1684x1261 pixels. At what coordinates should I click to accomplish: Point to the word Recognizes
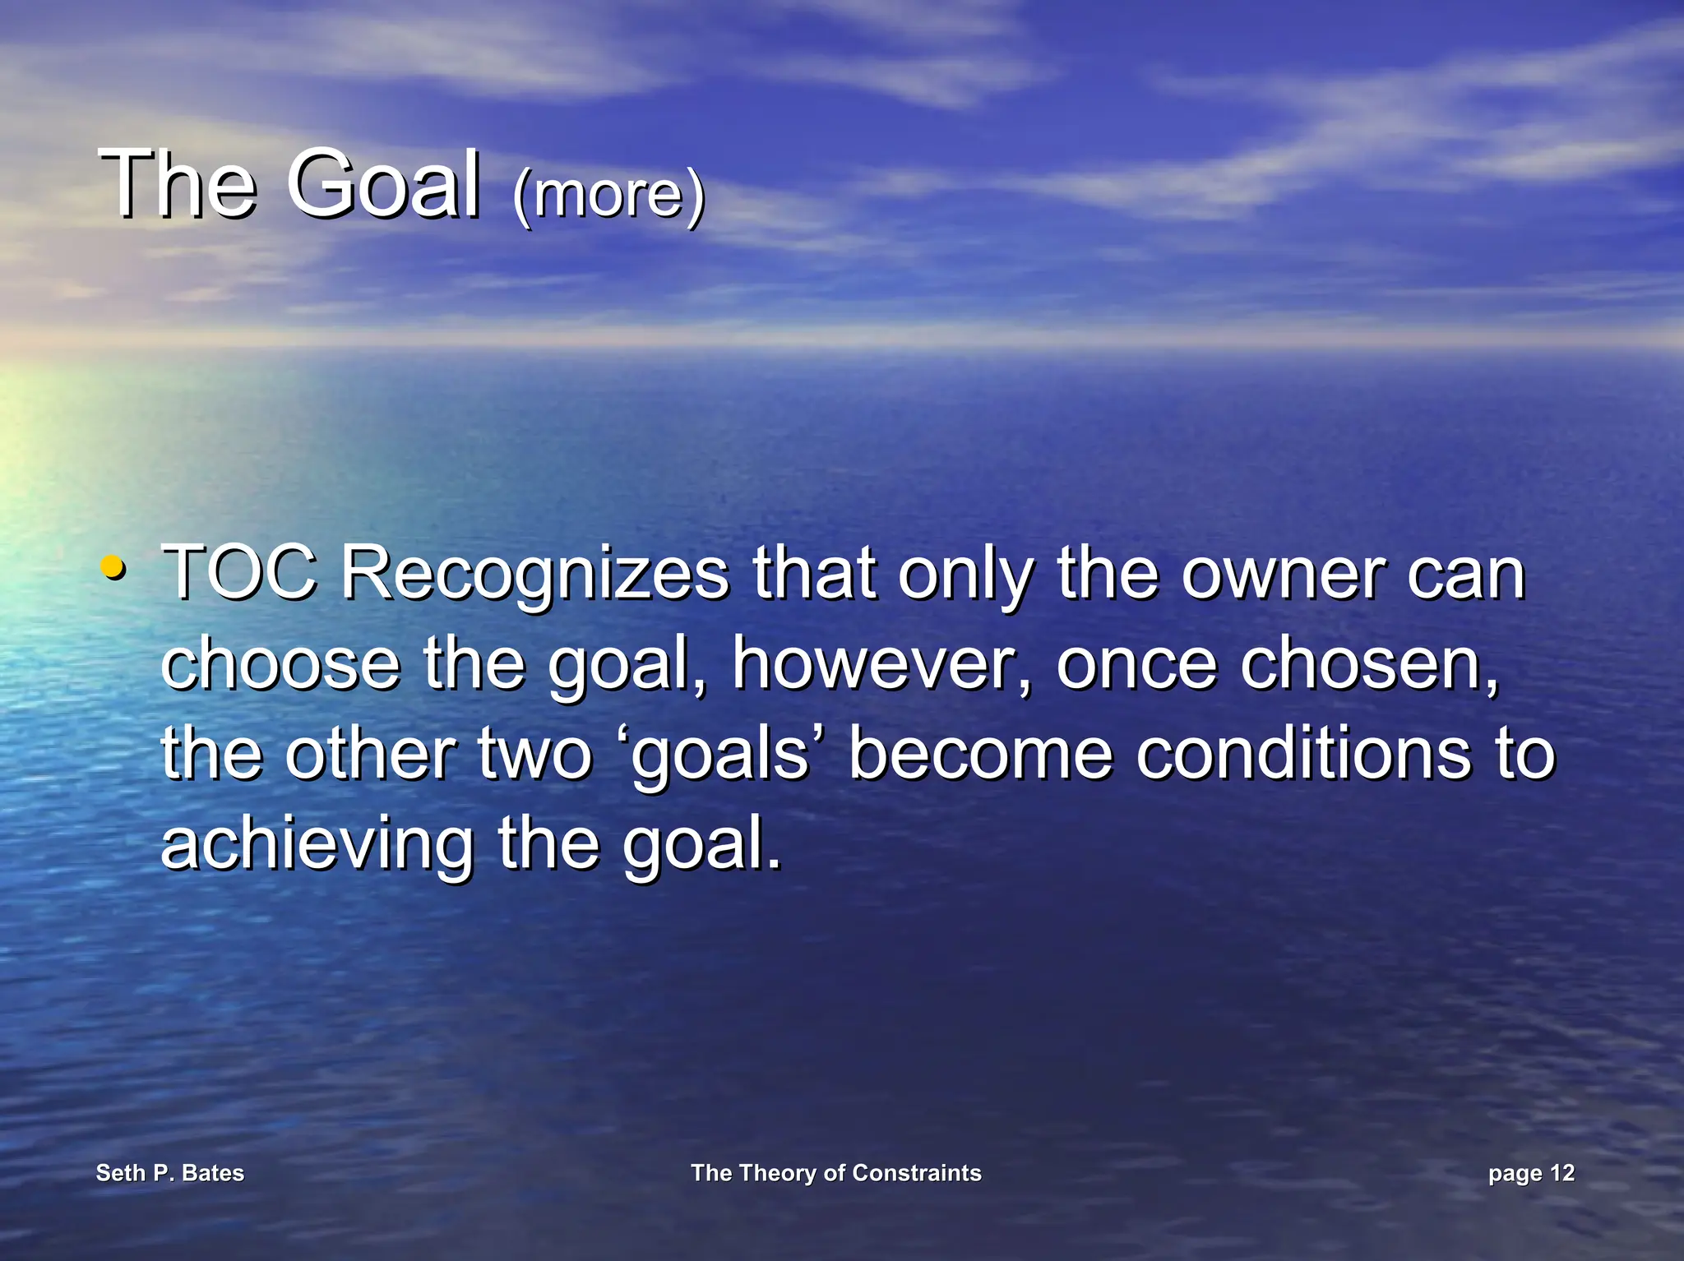[534, 575]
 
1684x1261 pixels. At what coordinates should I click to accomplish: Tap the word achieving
[317, 845]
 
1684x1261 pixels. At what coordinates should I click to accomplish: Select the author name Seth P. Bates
[170, 1173]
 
